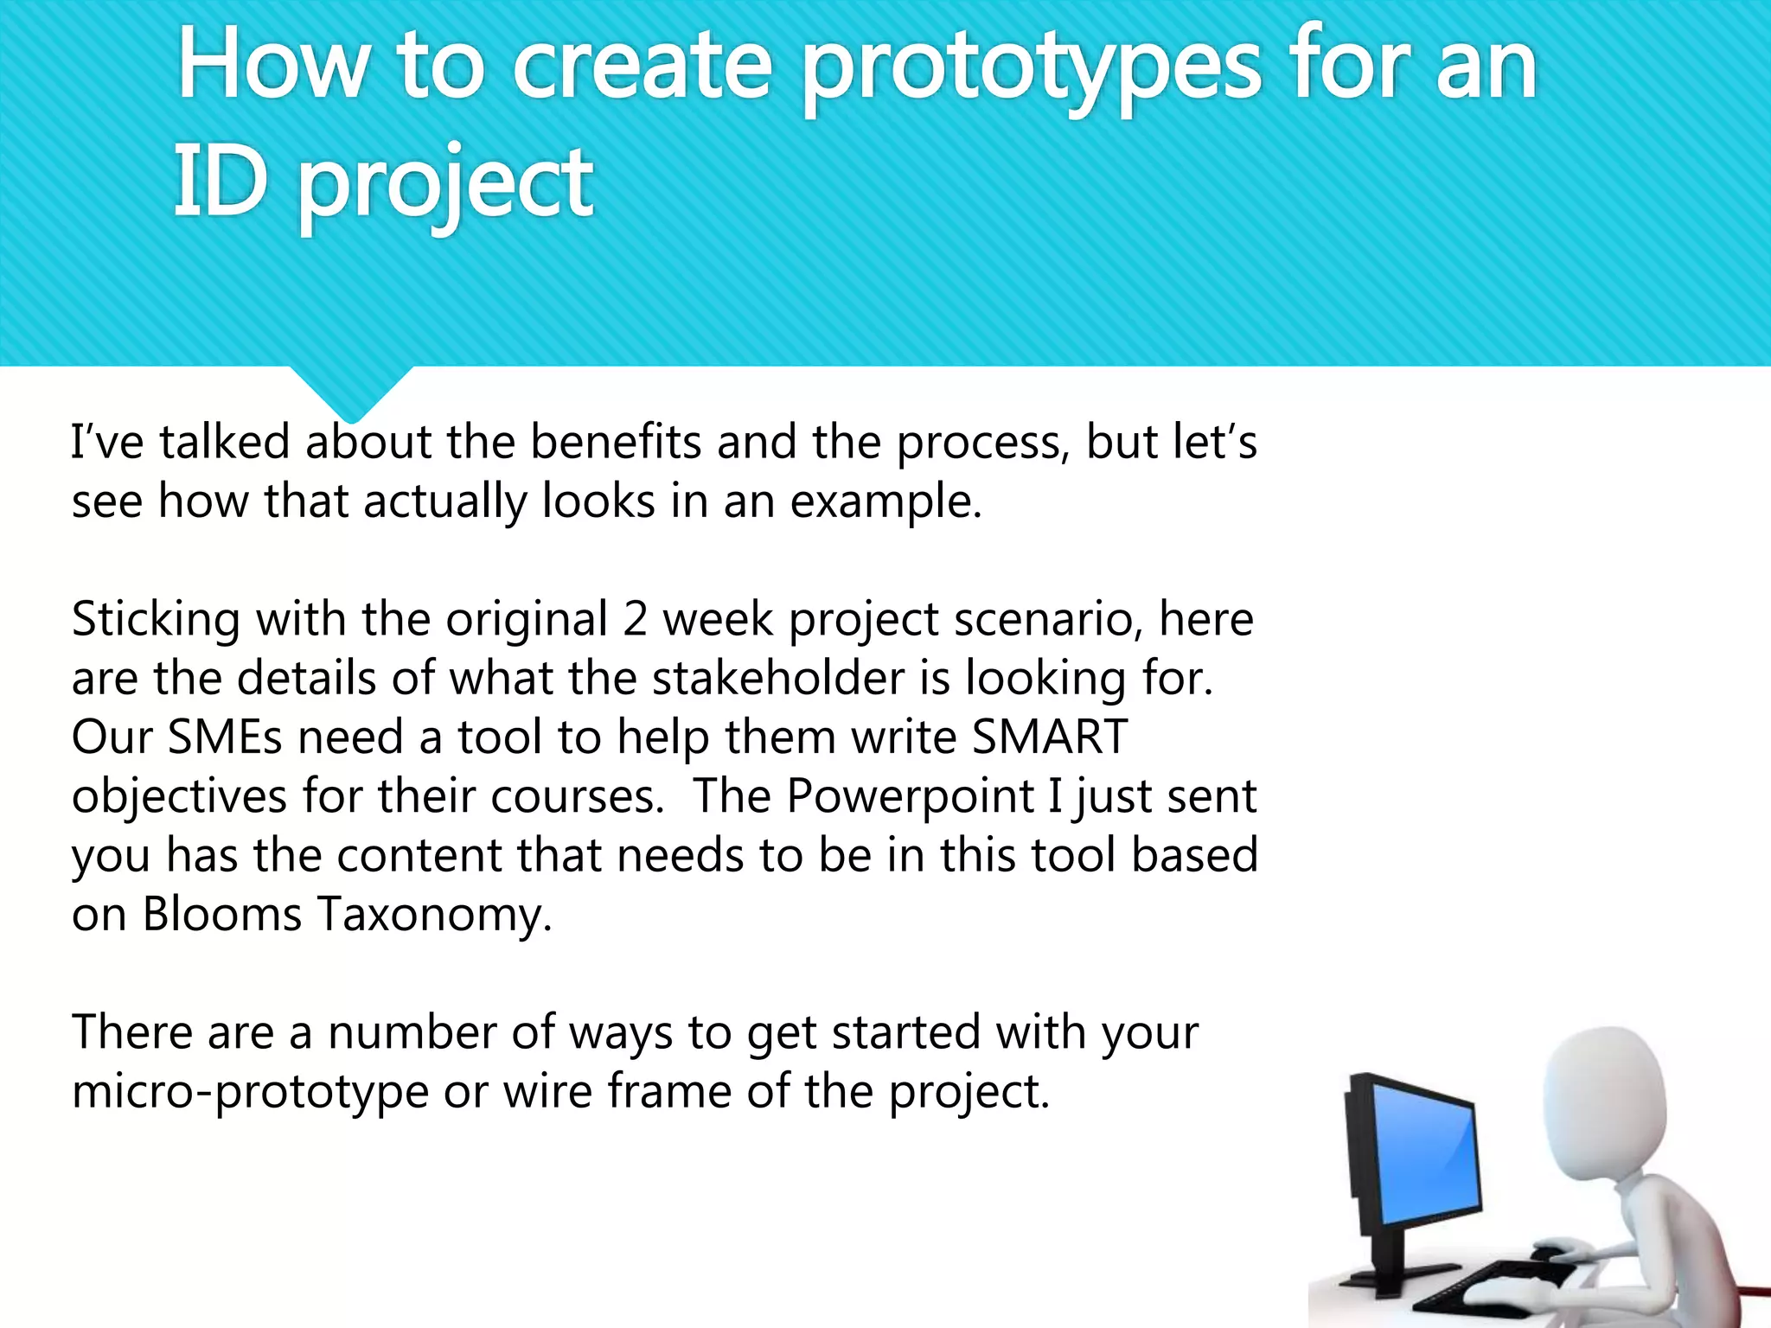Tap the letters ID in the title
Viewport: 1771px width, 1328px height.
tap(220, 182)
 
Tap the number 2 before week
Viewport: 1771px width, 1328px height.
tap(635, 620)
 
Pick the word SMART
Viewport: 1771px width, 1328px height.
tap(1049, 737)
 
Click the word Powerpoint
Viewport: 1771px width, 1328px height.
tap(910, 796)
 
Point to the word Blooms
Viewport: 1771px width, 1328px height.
tap(221, 915)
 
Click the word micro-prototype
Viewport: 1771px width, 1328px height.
tap(250, 1092)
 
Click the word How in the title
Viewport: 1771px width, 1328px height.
tap(272, 67)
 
